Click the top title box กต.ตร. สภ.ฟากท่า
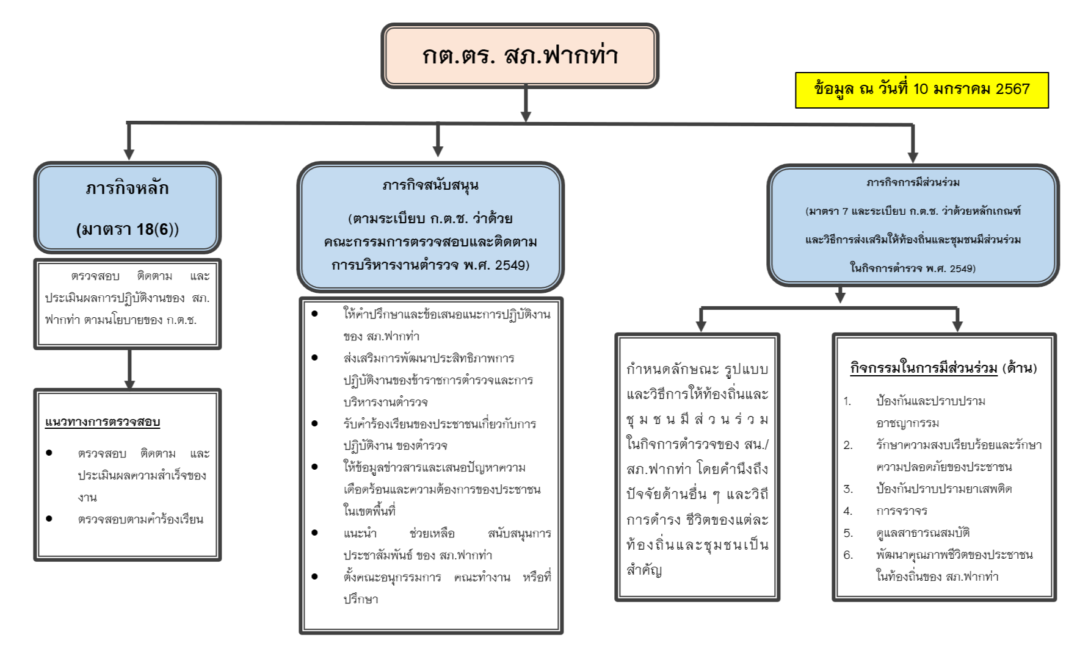520,56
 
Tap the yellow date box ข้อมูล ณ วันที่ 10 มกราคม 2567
921,90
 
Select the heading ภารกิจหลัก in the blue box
127,188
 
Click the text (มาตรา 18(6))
127,229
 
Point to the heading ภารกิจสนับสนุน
430,185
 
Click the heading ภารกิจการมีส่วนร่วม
913,182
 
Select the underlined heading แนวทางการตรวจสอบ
103,422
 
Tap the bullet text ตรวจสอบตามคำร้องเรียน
140,519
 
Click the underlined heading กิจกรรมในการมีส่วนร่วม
923,368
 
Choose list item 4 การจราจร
901,511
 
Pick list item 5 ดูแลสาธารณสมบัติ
923,533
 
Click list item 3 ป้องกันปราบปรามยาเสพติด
943,489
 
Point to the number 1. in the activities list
847,401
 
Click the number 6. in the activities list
847,555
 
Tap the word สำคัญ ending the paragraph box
644,570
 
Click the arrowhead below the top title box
526,116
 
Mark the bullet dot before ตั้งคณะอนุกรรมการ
315,576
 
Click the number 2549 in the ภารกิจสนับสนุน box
510,265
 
